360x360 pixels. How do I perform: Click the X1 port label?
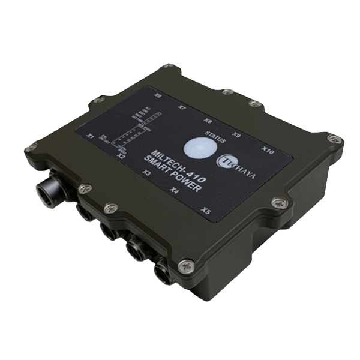[91, 136]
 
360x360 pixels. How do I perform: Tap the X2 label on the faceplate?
[121, 156]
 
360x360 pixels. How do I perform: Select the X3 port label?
[146, 173]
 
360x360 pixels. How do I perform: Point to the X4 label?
[174, 191]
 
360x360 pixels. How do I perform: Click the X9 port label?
[236, 135]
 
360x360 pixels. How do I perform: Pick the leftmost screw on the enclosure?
[29, 149]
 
